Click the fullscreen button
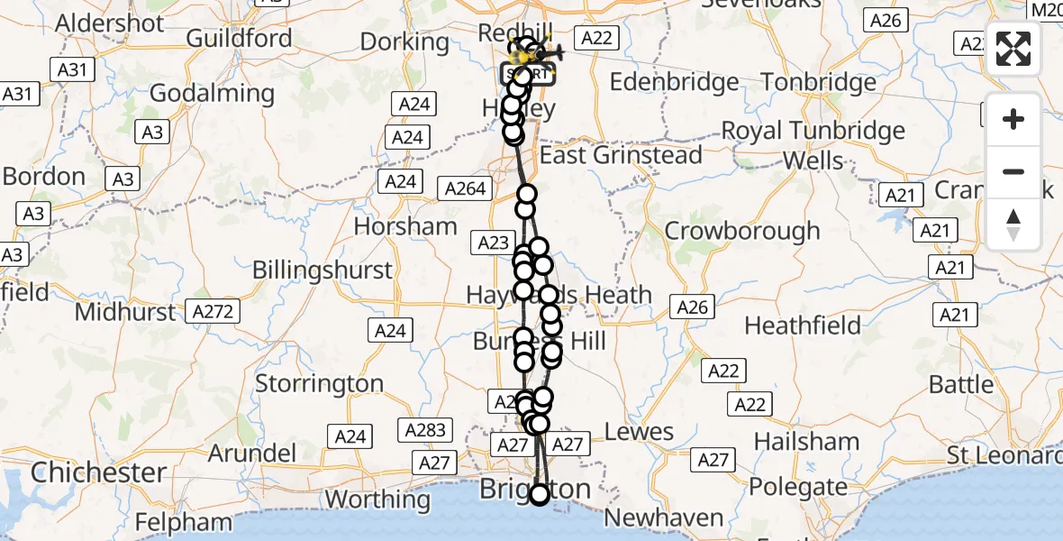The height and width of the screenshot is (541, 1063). [x=1013, y=49]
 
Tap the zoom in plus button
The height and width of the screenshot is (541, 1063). [x=1013, y=119]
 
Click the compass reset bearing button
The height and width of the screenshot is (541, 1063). [x=1013, y=225]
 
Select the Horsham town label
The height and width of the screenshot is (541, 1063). [x=405, y=225]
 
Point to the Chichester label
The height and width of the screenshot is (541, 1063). [x=98, y=472]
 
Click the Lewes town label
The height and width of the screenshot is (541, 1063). [x=640, y=432]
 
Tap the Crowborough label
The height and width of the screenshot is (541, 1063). [x=742, y=231]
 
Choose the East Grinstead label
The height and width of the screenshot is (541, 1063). [x=621, y=155]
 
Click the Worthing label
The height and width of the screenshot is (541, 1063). [x=377, y=499]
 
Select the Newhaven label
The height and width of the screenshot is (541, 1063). [x=664, y=518]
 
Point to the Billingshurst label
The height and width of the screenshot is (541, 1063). [x=323, y=270]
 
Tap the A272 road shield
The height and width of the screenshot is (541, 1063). [x=213, y=312]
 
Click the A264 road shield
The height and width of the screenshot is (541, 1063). [x=465, y=189]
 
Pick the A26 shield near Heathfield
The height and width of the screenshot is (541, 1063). [x=692, y=307]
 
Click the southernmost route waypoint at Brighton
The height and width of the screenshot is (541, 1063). [x=540, y=494]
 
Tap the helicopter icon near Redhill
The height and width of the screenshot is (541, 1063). [x=550, y=53]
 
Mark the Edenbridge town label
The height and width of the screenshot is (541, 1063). [x=675, y=83]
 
